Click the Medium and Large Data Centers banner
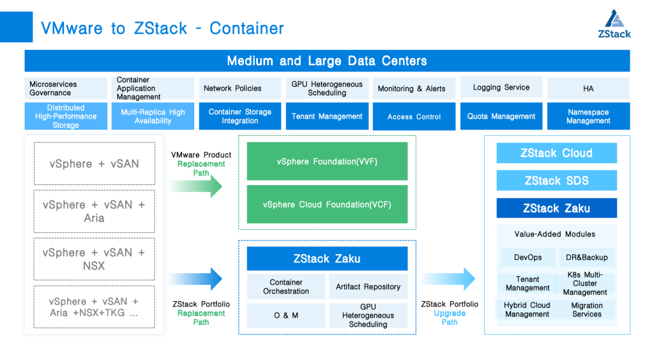[327, 61]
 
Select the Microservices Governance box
[66, 88]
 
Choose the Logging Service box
[501, 87]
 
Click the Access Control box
[414, 116]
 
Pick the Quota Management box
[501, 116]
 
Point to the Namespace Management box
[588, 116]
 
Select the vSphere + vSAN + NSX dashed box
[94, 259]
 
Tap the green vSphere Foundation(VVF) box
[327, 161]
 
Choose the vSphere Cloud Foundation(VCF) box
[327, 205]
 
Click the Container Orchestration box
[285, 287]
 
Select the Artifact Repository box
[368, 287]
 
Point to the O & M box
[285, 315]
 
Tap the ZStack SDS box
[556, 181]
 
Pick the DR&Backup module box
[586, 257]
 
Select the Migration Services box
[586, 310]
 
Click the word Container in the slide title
[247, 29]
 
